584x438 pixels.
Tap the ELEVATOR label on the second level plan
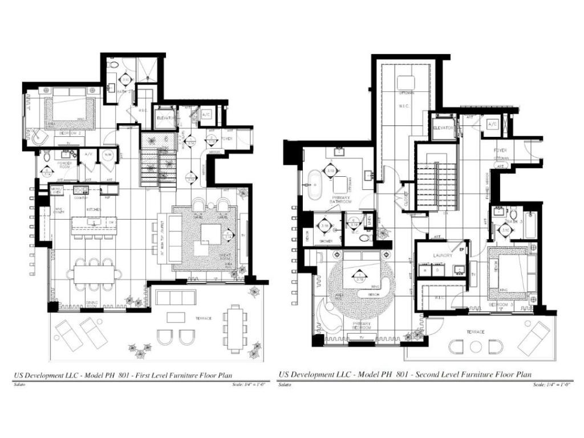443,128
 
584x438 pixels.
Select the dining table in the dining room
94,274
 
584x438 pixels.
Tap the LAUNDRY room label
443,255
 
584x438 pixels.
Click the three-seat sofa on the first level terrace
176,297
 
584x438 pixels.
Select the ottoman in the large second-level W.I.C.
406,82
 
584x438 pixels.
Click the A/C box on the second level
492,124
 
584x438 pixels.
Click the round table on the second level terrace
476,346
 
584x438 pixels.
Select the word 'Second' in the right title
428,375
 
